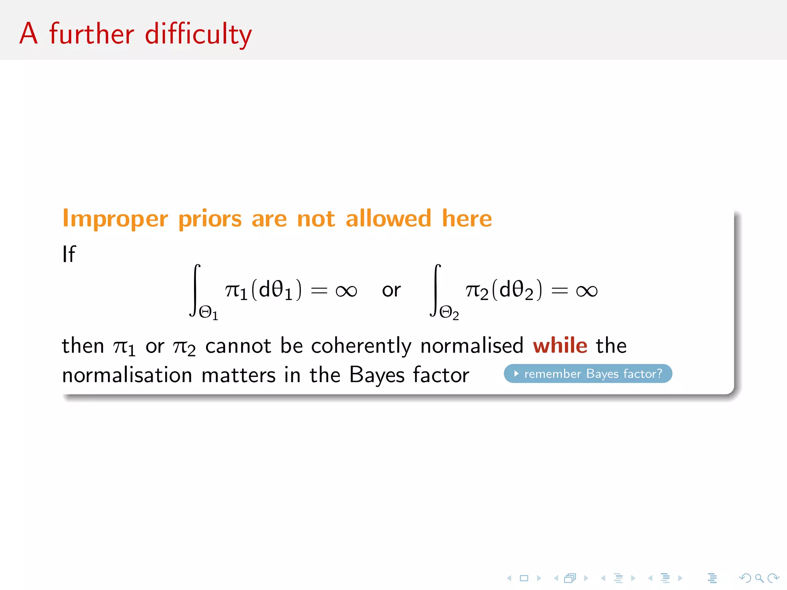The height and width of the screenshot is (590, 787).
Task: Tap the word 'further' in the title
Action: coord(92,34)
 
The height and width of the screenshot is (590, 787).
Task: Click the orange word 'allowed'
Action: coord(388,218)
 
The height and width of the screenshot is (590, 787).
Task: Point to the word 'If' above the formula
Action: coord(69,254)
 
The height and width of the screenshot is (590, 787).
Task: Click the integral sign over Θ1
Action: coord(195,290)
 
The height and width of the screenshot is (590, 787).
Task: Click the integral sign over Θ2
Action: coord(435,290)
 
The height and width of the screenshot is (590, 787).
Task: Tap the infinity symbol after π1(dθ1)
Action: coord(346,291)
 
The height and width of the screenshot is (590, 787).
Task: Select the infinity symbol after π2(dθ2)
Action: coord(587,291)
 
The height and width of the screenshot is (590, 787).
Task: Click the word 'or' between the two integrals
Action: coord(391,290)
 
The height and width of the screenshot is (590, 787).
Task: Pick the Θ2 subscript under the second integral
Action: coord(449,313)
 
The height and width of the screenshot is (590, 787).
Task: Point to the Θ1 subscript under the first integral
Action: coord(209,313)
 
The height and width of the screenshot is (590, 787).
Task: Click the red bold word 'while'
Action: coord(560,345)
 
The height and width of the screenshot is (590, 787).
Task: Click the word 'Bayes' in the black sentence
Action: coord(377,375)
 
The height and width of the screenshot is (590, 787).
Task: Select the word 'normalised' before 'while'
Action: coord(472,345)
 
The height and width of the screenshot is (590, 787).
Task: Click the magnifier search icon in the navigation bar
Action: coord(759,578)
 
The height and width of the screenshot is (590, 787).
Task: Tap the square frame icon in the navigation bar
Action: coord(524,578)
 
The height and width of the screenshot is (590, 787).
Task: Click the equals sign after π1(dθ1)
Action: coord(319,291)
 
